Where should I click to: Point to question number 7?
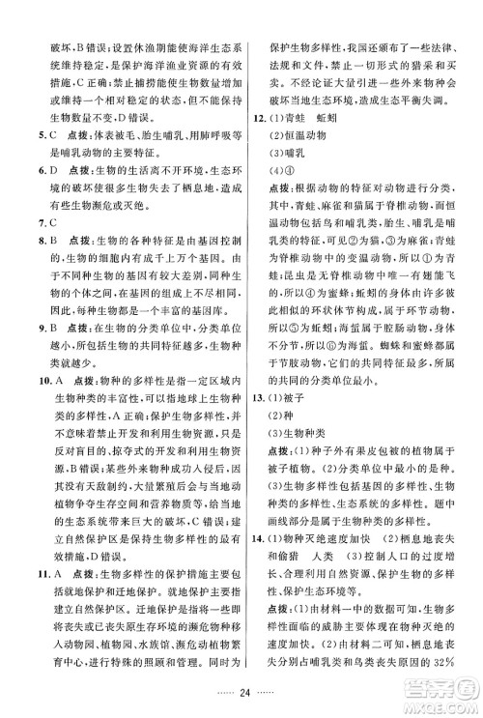pos(32,241)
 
